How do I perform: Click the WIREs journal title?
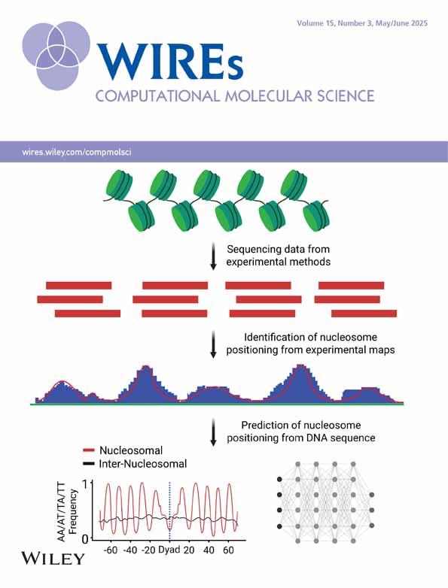[x=170, y=61]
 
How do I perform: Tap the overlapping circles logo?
[x=56, y=55]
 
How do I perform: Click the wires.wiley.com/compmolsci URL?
[x=77, y=152]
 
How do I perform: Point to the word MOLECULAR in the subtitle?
[x=267, y=96]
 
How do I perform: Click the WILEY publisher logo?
[x=53, y=559]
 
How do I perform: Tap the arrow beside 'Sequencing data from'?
[x=213, y=256]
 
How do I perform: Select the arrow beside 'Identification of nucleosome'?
[x=213, y=344]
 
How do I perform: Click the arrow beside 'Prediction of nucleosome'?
[x=213, y=432]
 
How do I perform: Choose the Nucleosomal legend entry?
[x=123, y=450]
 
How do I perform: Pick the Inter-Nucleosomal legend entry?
[x=135, y=464]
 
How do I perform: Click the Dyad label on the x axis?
[x=169, y=550]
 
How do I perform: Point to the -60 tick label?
[x=111, y=550]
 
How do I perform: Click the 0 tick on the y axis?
[x=85, y=539]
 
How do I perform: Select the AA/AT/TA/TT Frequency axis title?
[x=67, y=512]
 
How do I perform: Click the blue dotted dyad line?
[x=169, y=511]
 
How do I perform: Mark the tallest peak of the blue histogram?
[x=300, y=365]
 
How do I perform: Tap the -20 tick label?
[x=149, y=550]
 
